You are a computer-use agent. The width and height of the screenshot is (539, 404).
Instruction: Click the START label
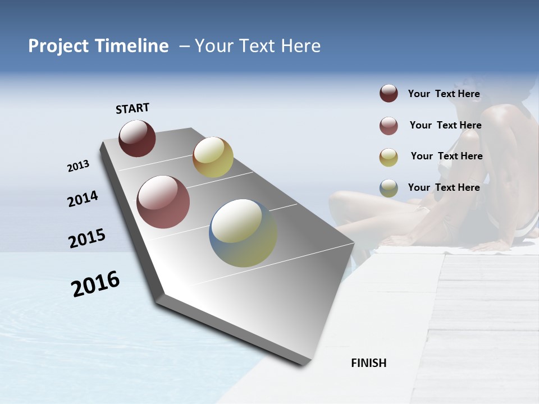point(133,108)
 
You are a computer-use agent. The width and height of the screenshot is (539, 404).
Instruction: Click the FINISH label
point(369,363)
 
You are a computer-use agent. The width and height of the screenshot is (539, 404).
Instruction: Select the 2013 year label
point(79,166)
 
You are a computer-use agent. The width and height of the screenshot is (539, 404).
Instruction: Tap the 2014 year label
point(83,199)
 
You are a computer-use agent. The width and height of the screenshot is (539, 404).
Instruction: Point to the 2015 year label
point(87,238)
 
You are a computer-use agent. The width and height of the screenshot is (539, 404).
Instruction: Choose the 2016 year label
point(95,283)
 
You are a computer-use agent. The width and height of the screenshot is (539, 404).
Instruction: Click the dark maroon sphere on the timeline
point(137,139)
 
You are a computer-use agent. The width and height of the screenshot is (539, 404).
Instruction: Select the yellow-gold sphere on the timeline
point(213,157)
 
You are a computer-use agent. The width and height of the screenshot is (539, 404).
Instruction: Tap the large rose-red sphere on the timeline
point(163,202)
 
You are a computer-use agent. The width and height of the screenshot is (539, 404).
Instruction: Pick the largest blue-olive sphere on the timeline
point(243,233)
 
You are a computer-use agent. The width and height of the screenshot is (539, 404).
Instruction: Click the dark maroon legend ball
point(389,94)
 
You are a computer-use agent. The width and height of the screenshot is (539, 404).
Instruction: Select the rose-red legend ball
point(389,126)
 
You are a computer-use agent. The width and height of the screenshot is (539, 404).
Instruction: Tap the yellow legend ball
point(389,157)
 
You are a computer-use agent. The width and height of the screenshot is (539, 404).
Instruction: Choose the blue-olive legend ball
point(389,188)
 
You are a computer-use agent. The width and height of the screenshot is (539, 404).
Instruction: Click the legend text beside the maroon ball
point(444,94)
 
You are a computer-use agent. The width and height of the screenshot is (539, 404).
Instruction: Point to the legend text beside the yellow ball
point(446,156)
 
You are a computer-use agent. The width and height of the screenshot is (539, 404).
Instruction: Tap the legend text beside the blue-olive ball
point(444,187)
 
